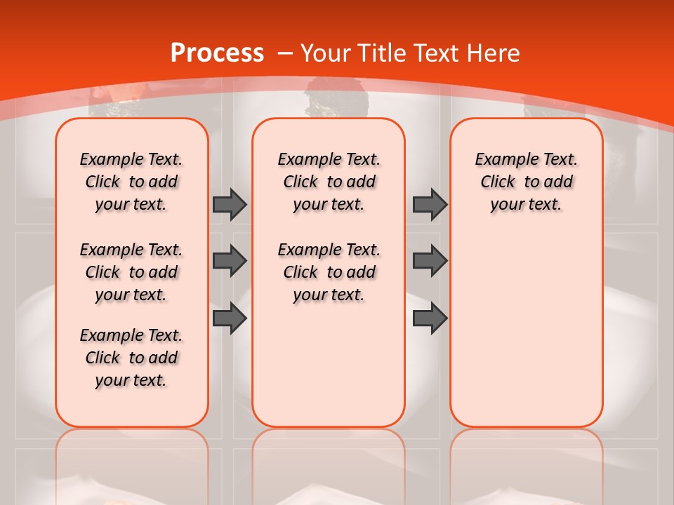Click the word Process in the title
point(217,53)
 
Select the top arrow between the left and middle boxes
point(230,204)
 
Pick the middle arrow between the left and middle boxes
point(230,261)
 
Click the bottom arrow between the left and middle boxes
point(230,318)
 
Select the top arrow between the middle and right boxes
point(430,204)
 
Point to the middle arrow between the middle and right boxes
point(430,261)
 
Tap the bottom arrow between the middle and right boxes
point(430,318)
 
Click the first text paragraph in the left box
point(131,182)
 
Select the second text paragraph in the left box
point(131,272)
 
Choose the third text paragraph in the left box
point(131,358)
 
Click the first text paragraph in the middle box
point(329,182)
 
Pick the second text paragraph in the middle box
point(329,272)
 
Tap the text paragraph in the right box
point(526,182)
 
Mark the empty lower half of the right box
point(526,337)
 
